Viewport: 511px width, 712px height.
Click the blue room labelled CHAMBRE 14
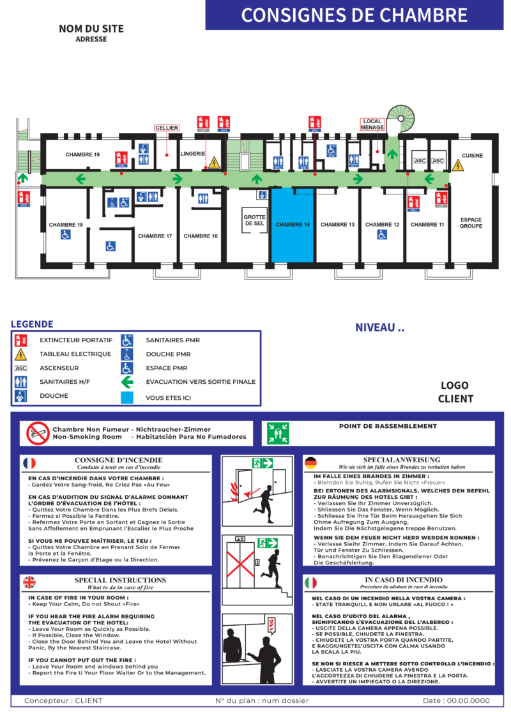tap(293, 225)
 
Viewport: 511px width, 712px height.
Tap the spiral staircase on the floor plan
tap(400, 118)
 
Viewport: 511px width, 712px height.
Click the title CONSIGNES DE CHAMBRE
tap(354, 15)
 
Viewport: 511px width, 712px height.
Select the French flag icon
tap(29, 463)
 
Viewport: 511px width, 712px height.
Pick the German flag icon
tap(310, 463)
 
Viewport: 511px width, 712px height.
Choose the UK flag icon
tap(29, 582)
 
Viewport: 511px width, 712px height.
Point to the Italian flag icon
tap(310, 582)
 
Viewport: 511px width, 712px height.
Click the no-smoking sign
tap(38, 434)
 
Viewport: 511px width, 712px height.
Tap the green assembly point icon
tap(278, 434)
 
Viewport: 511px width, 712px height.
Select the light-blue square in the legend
tap(127, 397)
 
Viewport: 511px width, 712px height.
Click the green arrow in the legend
tap(127, 383)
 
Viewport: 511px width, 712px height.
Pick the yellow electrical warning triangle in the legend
tap(21, 354)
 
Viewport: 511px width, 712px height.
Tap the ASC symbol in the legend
tap(21, 368)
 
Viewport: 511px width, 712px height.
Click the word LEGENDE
tap(32, 324)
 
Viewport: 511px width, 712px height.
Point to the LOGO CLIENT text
tap(455, 392)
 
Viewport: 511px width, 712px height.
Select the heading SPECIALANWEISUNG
tap(402, 460)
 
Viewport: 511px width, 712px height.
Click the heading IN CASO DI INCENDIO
tap(403, 580)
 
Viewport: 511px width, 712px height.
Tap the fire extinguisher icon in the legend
tap(21, 340)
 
